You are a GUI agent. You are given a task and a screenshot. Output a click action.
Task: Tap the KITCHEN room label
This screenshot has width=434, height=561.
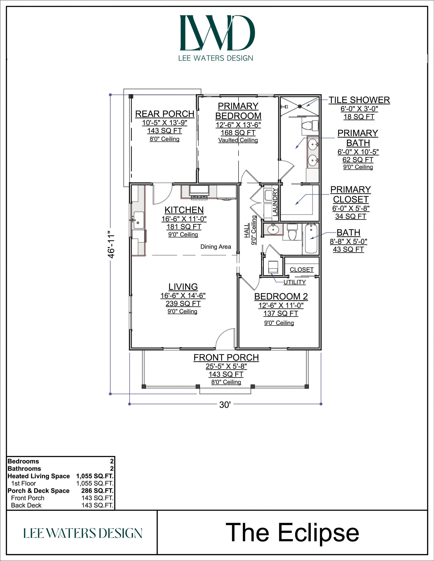(x=184, y=210)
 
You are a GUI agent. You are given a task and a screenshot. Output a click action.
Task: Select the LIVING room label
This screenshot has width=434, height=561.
(x=183, y=287)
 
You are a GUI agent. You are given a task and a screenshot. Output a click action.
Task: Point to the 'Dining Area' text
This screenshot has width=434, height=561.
(x=216, y=247)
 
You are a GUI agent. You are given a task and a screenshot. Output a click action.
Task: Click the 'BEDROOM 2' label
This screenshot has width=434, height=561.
(x=281, y=296)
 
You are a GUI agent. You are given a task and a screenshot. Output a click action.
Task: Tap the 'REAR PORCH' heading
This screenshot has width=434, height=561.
(x=165, y=114)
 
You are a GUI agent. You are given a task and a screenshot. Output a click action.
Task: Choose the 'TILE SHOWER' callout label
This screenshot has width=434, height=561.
(x=359, y=100)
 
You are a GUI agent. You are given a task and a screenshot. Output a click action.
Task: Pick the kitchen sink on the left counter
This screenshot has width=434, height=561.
(x=138, y=220)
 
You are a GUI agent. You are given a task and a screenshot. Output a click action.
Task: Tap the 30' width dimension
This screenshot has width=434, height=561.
(x=225, y=405)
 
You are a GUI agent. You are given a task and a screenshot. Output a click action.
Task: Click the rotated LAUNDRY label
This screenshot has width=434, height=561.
(x=275, y=202)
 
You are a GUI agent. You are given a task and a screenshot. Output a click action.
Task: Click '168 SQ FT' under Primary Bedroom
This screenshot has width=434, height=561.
(x=238, y=133)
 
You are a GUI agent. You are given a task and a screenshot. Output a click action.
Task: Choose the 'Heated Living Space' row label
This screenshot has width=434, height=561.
(x=39, y=476)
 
